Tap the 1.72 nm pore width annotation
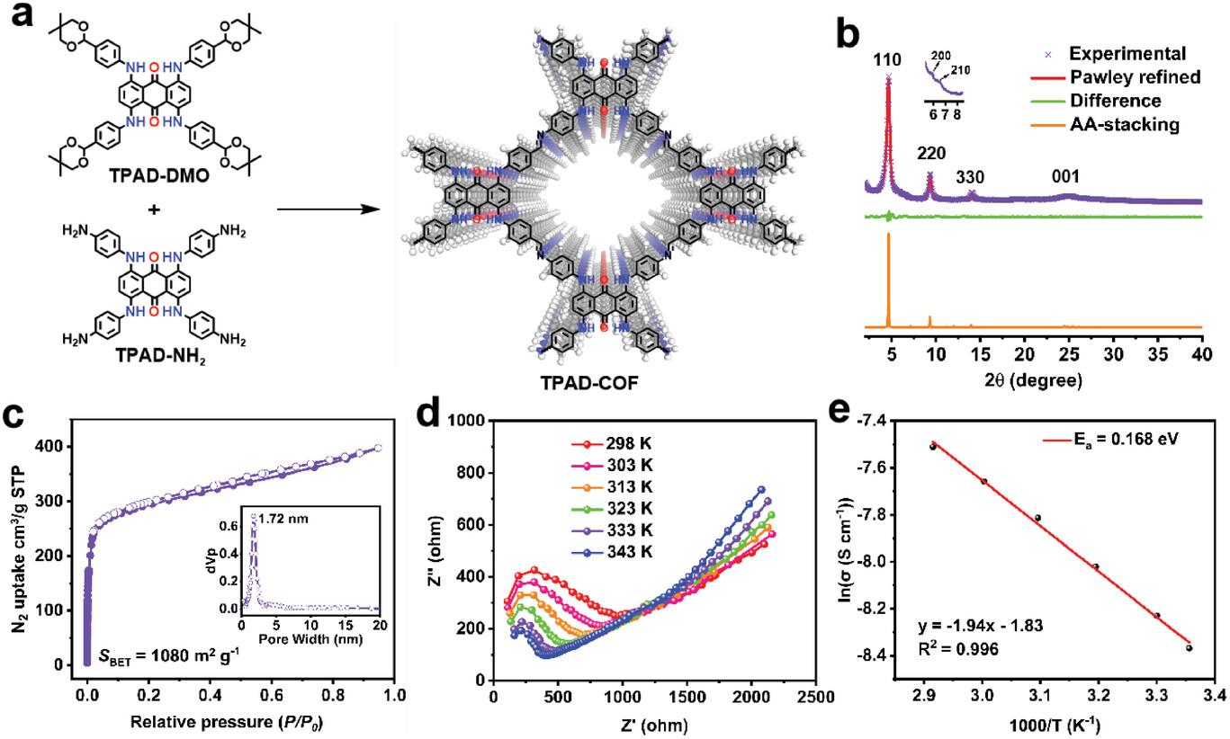[x=279, y=519]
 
